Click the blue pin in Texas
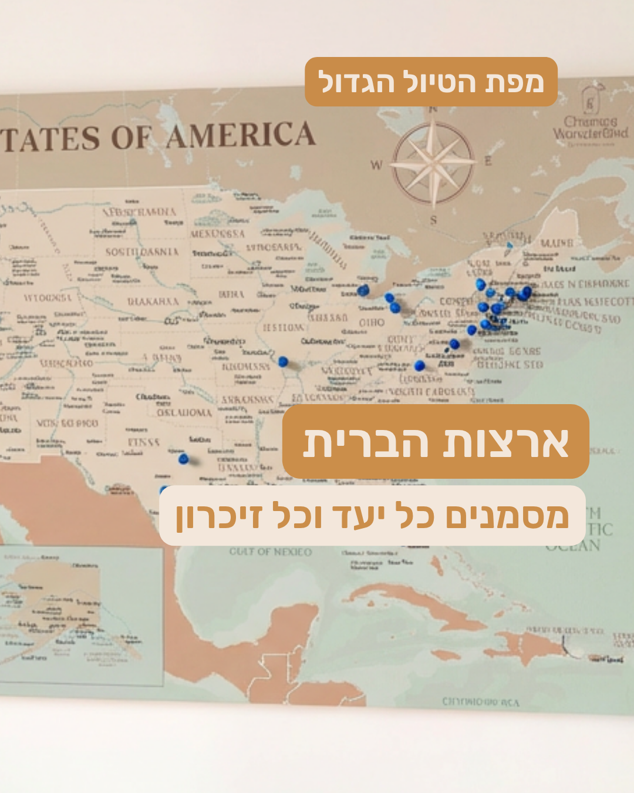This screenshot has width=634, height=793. point(184,458)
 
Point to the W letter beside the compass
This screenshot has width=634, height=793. point(376,165)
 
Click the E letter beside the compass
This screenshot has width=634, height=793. point(488,160)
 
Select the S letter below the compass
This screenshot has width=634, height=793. point(433,220)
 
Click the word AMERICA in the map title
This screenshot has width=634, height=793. point(241,136)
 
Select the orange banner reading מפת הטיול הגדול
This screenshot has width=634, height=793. point(431,82)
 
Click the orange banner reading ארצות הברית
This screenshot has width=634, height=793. point(436,442)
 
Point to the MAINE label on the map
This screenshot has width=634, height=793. point(557,243)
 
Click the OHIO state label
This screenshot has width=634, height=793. point(372,322)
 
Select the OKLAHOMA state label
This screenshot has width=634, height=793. point(184,413)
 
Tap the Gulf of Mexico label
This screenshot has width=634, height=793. point(270,552)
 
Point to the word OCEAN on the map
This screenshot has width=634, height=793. point(573,546)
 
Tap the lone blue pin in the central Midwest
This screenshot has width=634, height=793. point(283,361)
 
